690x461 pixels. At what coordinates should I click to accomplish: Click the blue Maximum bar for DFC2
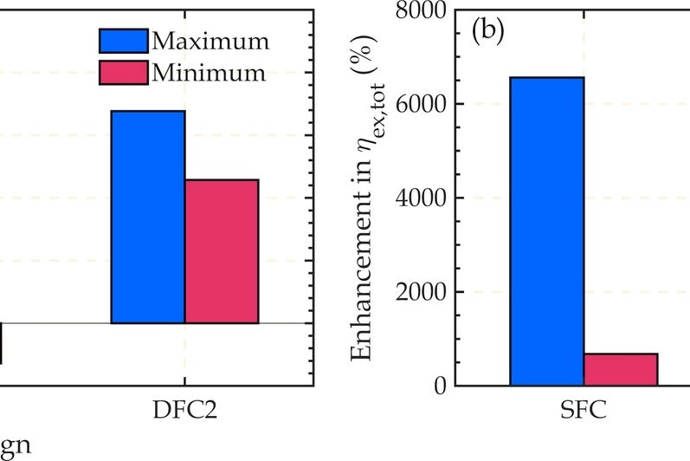(x=148, y=217)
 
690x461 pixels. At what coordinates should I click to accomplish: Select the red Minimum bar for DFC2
(x=222, y=251)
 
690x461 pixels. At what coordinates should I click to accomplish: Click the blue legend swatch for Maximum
(x=123, y=41)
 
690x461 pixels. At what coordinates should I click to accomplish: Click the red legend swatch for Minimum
(x=123, y=73)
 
